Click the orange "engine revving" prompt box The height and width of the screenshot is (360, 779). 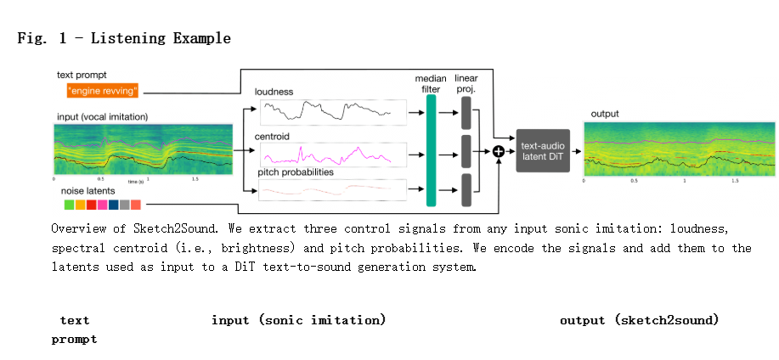102,90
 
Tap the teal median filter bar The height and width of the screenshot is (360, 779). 431,150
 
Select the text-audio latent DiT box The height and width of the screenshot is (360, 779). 543,151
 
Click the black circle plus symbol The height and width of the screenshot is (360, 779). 499,151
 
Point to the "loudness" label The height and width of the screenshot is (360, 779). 274,91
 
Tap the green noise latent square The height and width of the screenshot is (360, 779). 69,205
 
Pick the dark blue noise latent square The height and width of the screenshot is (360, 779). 114,205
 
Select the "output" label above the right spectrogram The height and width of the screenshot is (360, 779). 604,113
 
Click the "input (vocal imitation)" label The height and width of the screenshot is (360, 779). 101,115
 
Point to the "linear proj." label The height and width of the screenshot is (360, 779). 466,84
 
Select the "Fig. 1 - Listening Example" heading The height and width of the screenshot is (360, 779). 124,38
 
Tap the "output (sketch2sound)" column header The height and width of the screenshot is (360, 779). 639,320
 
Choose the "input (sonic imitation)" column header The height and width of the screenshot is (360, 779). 298,320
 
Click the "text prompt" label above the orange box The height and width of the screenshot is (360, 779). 82,75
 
